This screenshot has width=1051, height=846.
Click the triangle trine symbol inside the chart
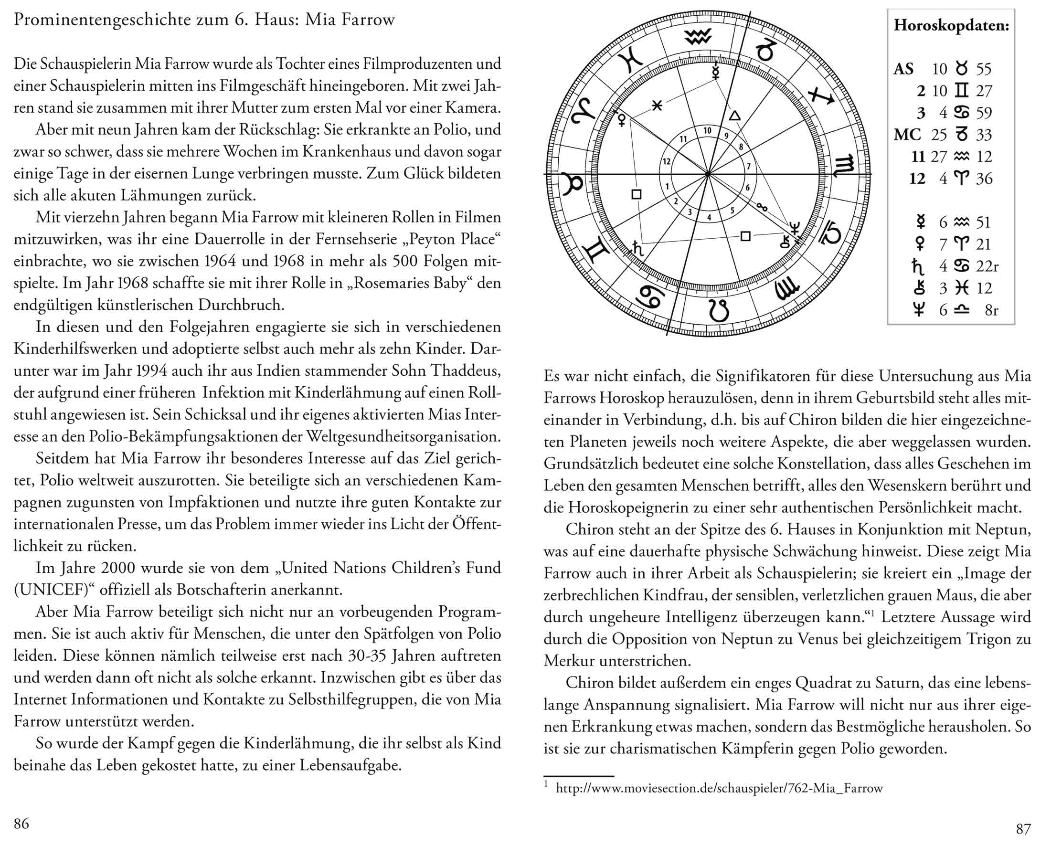click(x=734, y=116)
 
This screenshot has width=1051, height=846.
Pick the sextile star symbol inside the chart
click(x=657, y=105)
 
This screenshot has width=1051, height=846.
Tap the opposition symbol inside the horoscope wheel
click(x=762, y=207)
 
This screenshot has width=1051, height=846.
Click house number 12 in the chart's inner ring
click(x=667, y=161)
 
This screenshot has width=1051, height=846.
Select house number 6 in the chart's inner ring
click(x=747, y=188)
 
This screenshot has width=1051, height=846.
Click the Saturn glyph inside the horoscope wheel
click(x=638, y=249)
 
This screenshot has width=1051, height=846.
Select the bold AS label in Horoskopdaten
click(x=903, y=69)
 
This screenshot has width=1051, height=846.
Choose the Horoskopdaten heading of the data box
click(x=951, y=25)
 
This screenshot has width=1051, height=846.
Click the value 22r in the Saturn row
click(x=987, y=266)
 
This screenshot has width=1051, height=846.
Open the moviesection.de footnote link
click(x=719, y=788)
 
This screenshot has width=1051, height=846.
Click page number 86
click(x=21, y=824)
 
